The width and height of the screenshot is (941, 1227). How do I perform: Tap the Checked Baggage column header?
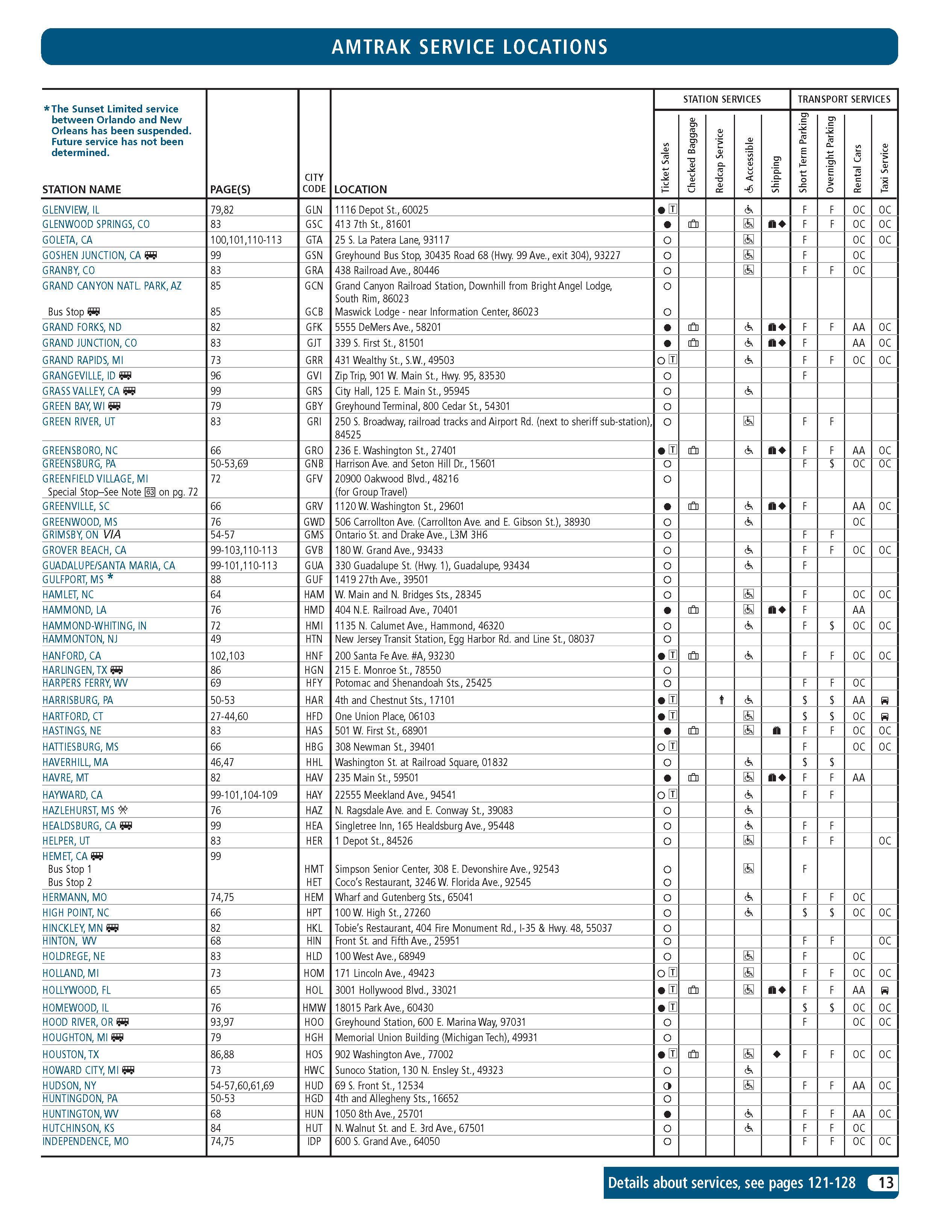tap(692, 155)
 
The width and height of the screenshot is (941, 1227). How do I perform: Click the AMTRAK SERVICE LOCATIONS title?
tap(470, 47)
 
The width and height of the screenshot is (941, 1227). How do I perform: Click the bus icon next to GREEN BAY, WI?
tap(114, 406)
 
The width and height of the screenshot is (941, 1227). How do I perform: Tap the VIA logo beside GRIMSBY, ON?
tap(112, 534)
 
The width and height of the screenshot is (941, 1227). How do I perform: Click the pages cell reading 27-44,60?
tap(229, 716)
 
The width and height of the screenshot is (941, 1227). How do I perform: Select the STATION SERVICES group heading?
tap(721, 99)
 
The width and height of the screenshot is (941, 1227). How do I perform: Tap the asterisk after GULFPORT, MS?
tap(111, 578)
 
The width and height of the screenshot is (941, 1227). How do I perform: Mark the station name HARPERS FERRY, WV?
tap(85, 683)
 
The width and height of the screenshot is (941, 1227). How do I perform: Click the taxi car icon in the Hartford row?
tap(885, 716)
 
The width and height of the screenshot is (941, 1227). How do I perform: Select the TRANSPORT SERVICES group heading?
tap(844, 99)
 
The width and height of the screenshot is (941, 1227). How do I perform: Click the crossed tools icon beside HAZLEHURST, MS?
tap(123, 810)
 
